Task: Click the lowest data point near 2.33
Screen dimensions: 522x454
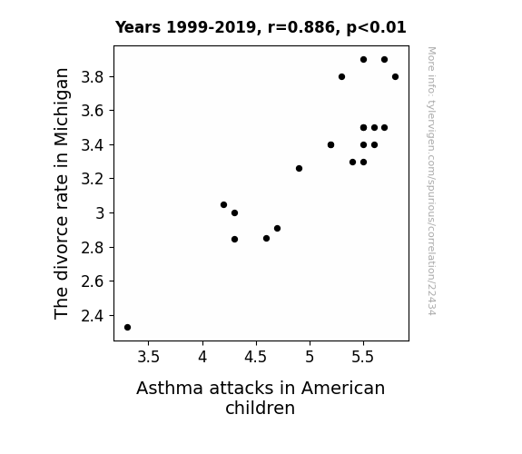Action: [127, 328]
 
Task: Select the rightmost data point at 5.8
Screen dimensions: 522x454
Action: [395, 77]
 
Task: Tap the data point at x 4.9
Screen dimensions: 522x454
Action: [299, 169]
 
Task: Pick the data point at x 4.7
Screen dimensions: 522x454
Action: [277, 229]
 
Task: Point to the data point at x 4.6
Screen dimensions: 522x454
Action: [266, 239]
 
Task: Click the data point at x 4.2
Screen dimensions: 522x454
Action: [223, 205]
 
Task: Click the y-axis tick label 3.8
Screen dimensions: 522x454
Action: [93, 77]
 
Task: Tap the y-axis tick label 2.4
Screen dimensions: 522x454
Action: [93, 316]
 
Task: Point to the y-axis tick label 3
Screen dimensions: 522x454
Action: [100, 213]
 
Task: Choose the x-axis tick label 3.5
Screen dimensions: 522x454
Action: [149, 357]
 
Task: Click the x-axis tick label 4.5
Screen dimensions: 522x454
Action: [256, 357]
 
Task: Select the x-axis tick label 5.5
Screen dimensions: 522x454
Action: [363, 357]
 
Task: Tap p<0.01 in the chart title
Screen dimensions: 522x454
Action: [377, 27]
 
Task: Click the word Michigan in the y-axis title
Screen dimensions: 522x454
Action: [62, 107]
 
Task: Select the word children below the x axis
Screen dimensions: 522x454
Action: [260, 408]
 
